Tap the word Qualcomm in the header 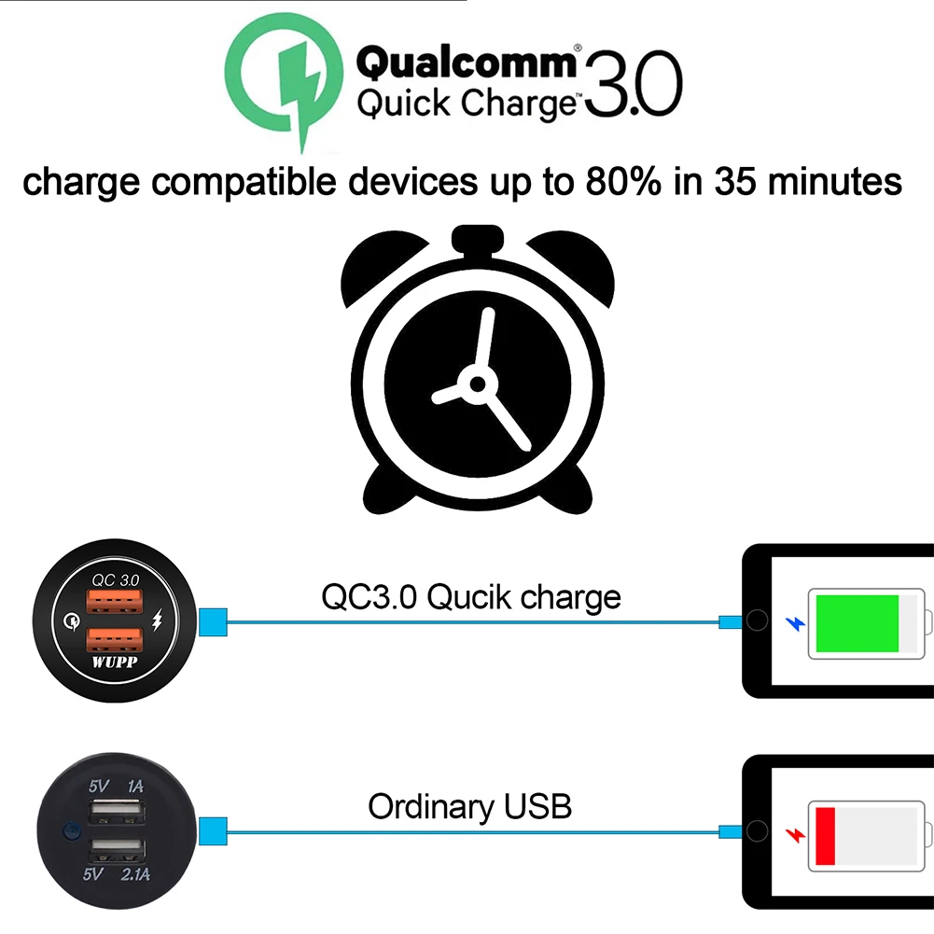point(467,63)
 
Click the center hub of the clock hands point(478,383)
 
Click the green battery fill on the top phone point(857,622)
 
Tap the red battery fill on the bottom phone point(824,836)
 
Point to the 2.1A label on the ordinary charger point(135,875)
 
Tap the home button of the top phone point(758,620)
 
